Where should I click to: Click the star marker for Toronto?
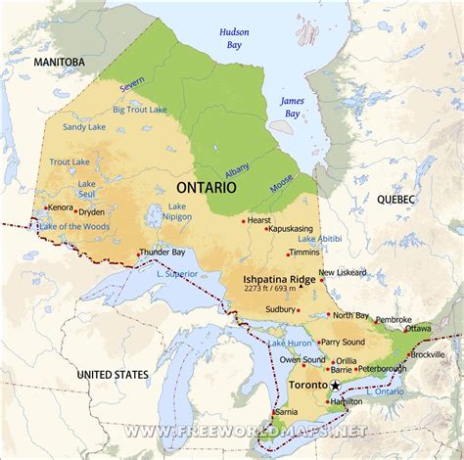pos(336,386)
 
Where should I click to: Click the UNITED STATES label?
pos(113,374)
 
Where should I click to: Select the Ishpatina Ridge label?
pos(279,278)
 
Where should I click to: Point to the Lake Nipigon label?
pos(177,212)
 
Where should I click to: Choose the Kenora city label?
pos(60,207)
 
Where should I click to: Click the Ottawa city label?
pos(419,329)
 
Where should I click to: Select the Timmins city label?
pos(303,253)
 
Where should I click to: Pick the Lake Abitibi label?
pos(319,239)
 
